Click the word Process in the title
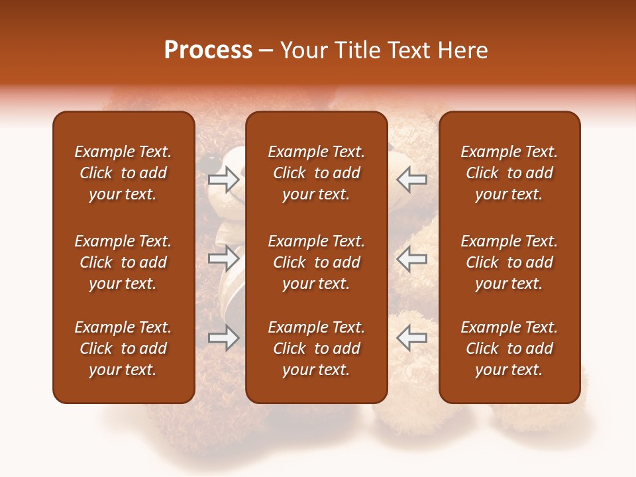(208, 50)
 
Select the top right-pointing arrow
(223, 180)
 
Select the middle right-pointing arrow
(223, 258)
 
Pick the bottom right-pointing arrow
(223, 337)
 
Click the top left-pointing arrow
(411, 180)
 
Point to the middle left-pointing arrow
(411, 258)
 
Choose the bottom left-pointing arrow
(411, 337)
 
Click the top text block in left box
(123, 173)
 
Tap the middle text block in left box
(123, 262)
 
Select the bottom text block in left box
(123, 348)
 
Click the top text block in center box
(316, 173)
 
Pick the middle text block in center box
(316, 262)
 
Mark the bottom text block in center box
(316, 348)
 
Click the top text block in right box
(509, 173)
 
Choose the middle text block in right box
(509, 262)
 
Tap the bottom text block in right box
(509, 348)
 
